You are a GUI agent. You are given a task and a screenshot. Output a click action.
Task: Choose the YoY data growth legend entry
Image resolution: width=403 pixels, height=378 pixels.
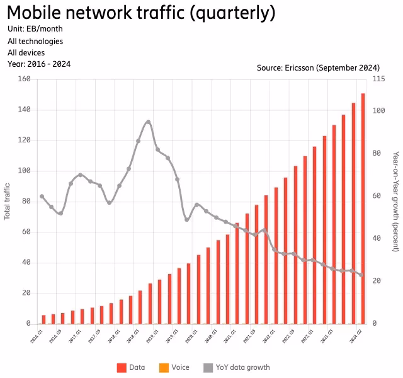[x=236, y=367]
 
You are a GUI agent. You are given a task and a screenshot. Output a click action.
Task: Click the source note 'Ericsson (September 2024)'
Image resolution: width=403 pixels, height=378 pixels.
[x=318, y=67]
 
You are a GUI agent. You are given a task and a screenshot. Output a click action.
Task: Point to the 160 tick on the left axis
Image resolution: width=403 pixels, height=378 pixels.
[x=25, y=79]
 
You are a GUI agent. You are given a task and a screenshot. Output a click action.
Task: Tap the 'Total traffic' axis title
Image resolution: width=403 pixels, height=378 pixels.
[x=8, y=201]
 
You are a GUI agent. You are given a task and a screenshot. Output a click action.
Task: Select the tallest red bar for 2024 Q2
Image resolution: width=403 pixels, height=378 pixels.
[x=363, y=208]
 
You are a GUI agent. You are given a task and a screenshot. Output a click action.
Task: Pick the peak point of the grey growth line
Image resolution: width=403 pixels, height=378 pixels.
[x=148, y=122]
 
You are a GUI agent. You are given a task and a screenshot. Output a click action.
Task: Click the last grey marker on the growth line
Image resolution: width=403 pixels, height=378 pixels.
[x=361, y=275]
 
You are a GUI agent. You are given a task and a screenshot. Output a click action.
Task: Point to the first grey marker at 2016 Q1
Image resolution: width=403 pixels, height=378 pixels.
[x=42, y=197]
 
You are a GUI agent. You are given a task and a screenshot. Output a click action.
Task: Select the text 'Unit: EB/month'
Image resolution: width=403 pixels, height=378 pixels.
[x=35, y=29]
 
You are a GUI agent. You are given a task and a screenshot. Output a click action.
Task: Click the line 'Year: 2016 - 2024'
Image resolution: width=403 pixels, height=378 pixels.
[x=39, y=64]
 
